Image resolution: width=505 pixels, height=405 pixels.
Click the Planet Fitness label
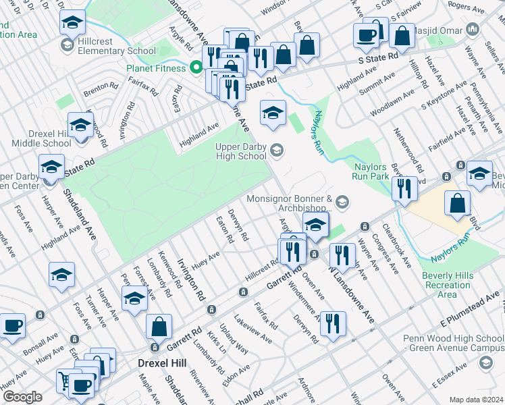(155, 68)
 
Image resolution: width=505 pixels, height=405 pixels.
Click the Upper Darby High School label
(241, 151)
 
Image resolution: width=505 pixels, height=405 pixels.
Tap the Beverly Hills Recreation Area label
(447, 284)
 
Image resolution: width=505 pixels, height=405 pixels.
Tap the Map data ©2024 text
(475, 400)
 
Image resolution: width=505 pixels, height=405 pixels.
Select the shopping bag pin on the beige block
(458, 204)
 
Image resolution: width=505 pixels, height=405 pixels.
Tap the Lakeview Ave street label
(253, 329)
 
